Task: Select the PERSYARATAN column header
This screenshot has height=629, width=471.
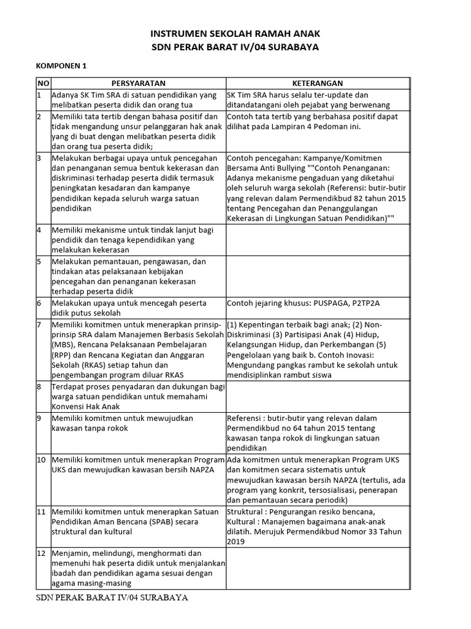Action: [x=139, y=84]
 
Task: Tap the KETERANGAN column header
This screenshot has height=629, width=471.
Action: [x=317, y=84]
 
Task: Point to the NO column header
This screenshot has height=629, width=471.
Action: [x=43, y=84]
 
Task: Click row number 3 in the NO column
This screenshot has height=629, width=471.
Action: [x=39, y=158]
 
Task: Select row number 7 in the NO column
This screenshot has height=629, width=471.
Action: [x=39, y=324]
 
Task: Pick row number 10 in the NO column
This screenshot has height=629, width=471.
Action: [x=42, y=460]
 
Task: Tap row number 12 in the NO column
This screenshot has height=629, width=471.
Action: [x=42, y=553]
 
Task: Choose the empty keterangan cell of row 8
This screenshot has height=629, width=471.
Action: [x=317, y=396]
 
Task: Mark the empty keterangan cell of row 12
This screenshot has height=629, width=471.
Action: [x=317, y=568]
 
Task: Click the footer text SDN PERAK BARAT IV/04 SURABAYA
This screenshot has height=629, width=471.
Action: [x=112, y=598]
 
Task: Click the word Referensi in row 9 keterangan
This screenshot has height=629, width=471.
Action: [x=245, y=418]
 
